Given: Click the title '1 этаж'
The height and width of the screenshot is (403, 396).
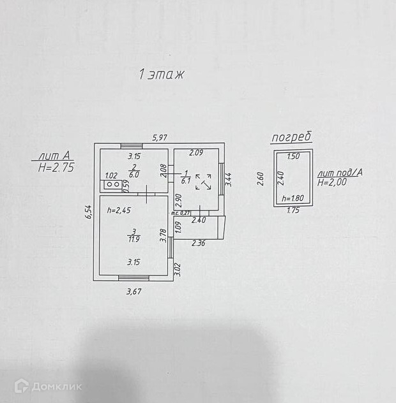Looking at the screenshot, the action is [x=162, y=75].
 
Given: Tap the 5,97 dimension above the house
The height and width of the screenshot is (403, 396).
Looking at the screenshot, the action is [x=160, y=137].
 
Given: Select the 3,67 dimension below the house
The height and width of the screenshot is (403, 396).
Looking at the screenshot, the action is [x=133, y=291].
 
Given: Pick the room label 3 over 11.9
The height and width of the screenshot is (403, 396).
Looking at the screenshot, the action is [x=133, y=235].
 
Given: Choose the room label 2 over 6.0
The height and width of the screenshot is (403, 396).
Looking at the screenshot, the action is [x=133, y=170].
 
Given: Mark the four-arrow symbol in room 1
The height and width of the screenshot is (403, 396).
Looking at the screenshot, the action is [x=205, y=182].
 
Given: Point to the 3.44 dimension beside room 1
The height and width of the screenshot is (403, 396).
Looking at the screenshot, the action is [x=229, y=179].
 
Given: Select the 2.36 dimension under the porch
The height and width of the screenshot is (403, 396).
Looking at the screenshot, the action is [x=199, y=242].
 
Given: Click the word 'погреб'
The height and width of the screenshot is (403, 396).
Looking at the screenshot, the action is [x=291, y=137].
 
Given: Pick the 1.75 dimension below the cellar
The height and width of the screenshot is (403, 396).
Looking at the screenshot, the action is [x=293, y=210].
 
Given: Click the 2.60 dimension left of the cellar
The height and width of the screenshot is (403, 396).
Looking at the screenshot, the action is [x=260, y=178].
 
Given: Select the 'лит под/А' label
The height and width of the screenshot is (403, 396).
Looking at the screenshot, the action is [x=340, y=172].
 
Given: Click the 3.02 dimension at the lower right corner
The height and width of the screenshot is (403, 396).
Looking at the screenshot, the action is [x=178, y=268].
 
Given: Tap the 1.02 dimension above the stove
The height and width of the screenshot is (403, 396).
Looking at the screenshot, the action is [x=110, y=176].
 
